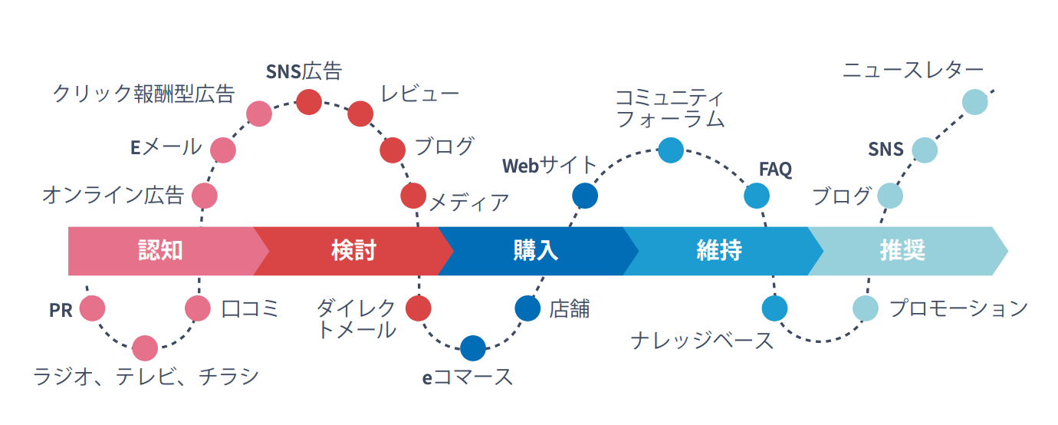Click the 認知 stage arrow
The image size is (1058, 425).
click(x=161, y=251)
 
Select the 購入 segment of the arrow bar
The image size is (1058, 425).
click(x=535, y=251)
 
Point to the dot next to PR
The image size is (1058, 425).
click(x=92, y=308)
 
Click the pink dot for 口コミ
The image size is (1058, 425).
click(x=198, y=308)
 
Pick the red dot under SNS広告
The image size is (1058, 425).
click(x=309, y=102)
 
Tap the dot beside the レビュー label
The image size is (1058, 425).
click(x=360, y=114)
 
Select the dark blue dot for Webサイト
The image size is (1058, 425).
click(x=585, y=196)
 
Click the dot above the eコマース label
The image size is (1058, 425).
click(x=473, y=348)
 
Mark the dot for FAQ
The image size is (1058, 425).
click(x=757, y=196)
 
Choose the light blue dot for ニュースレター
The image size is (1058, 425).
click(x=974, y=102)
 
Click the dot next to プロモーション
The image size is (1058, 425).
click(x=866, y=308)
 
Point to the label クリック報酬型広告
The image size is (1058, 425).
click(x=143, y=94)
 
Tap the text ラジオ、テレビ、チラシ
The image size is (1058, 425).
click(x=146, y=377)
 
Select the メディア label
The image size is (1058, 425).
click(x=468, y=202)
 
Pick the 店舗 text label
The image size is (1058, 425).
click(x=569, y=308)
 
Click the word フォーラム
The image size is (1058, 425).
click(x=670, y=119)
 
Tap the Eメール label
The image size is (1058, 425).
click(x=166, y=147)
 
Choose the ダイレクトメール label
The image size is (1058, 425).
click(x=357, y=319)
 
